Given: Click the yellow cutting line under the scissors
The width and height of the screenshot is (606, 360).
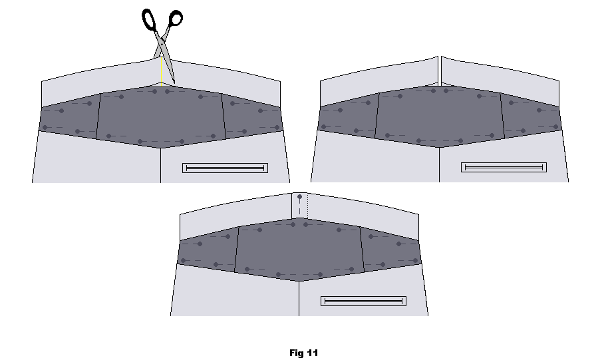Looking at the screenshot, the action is [161, 73].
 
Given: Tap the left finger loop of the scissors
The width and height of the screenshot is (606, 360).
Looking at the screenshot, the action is [149, 20].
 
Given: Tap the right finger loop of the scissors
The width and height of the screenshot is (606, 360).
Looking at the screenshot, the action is [176, 18].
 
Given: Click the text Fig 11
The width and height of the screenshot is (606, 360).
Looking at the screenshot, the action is [304, 353].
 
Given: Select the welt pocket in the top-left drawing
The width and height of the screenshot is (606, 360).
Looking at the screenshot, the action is [225, 168].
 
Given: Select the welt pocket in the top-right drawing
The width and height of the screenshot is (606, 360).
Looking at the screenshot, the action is [504, 167].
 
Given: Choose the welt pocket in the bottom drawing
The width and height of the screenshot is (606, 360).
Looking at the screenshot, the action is [363, 301].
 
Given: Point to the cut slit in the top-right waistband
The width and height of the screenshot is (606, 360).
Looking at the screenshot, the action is [440, 71].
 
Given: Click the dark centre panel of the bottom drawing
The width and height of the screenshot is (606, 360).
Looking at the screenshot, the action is [299, 250].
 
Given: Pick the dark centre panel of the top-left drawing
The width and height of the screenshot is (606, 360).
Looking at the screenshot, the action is [161, 116].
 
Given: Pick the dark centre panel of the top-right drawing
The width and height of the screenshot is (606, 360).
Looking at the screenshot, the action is [440, 116].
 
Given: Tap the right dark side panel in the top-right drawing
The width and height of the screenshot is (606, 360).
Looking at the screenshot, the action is [531, 115].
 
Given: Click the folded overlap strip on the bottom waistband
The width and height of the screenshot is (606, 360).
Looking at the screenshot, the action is [299, 206].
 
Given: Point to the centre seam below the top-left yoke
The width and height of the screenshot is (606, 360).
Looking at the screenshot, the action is [161, 165].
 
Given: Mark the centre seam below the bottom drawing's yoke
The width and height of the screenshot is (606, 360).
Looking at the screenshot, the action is [299, 299].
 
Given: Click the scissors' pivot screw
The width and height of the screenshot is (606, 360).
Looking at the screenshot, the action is [162, 44].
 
